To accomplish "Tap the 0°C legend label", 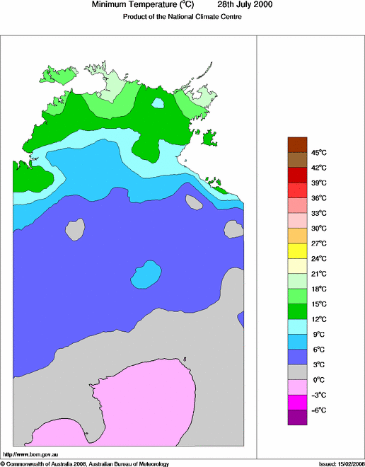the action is coord(318,379).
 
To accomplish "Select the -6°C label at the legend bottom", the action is coord(318,410).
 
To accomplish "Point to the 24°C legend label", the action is coord(318,258).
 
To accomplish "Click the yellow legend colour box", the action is coord(297,250).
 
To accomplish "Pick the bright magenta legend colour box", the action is coord(297,402).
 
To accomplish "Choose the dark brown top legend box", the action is coord(297,144).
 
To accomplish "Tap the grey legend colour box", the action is coord(297,371).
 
